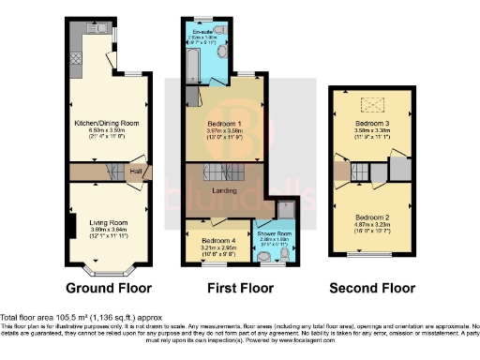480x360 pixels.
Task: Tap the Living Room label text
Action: tap(105, 221)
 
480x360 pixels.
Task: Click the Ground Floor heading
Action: tap(104, 287)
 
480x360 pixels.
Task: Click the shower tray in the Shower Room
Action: tap(283, 210)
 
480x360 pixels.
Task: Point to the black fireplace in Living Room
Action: tap(71, 226)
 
